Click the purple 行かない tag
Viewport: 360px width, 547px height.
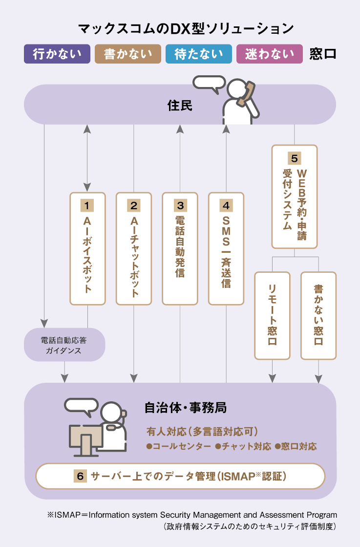coord(57,54)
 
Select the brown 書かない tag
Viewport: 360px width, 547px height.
coord(127,54)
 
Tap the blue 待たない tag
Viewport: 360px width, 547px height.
coord(198,54)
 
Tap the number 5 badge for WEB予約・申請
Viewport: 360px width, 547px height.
coord(294,158)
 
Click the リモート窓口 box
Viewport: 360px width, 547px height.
coord(272,315)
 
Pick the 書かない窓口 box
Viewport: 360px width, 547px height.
coord(318,315)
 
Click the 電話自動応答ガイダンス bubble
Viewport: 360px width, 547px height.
coord(64,345)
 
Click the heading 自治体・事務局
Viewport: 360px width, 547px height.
coord(185,407)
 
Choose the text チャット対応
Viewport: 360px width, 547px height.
coord(244,446)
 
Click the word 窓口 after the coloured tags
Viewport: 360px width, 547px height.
coord(323,54)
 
